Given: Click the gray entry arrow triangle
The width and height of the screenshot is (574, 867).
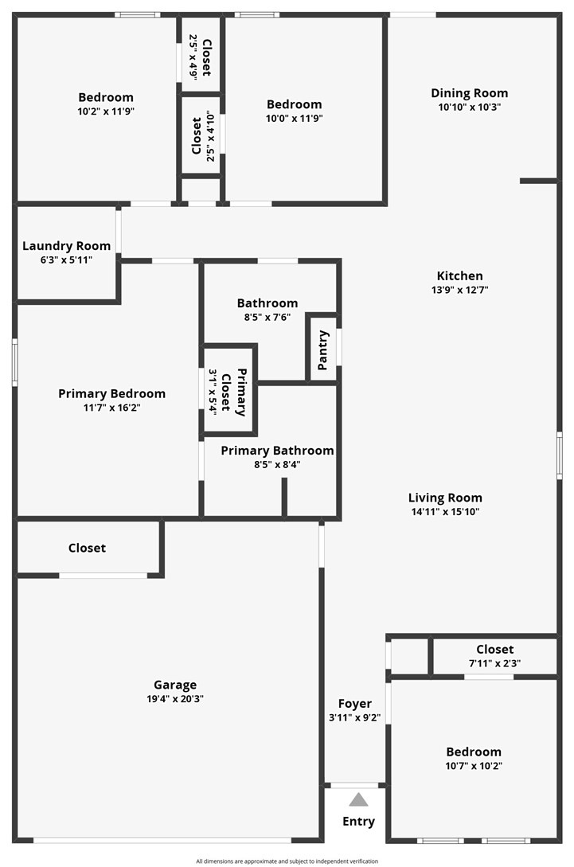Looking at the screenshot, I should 358,800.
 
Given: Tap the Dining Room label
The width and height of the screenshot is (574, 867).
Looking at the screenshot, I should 469,93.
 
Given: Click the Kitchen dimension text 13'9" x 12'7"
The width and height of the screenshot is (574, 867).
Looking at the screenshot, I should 459,291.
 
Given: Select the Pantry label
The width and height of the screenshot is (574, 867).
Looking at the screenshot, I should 323,350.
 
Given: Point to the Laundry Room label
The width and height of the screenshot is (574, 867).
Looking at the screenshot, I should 66,246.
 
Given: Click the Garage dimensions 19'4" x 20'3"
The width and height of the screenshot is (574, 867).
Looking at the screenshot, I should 175,699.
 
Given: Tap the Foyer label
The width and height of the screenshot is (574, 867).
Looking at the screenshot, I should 355,704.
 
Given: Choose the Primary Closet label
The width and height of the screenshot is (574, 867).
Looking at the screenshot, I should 236,390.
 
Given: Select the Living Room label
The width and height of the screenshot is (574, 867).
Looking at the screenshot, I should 445,498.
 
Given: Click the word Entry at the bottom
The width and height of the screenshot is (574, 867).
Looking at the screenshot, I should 358,822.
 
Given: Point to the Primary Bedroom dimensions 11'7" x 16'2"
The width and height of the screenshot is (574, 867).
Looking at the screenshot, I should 111,408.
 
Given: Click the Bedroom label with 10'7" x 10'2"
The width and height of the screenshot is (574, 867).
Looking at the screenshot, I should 474,752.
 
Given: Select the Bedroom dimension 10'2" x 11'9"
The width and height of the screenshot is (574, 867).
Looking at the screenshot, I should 106,112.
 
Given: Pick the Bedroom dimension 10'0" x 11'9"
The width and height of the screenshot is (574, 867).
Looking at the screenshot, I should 294,119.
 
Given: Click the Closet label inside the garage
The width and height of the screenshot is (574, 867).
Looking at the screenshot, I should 87,548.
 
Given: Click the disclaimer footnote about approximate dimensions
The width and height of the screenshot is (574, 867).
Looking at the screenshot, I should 287,861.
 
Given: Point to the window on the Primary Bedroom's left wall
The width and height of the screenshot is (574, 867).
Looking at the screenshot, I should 14,362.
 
